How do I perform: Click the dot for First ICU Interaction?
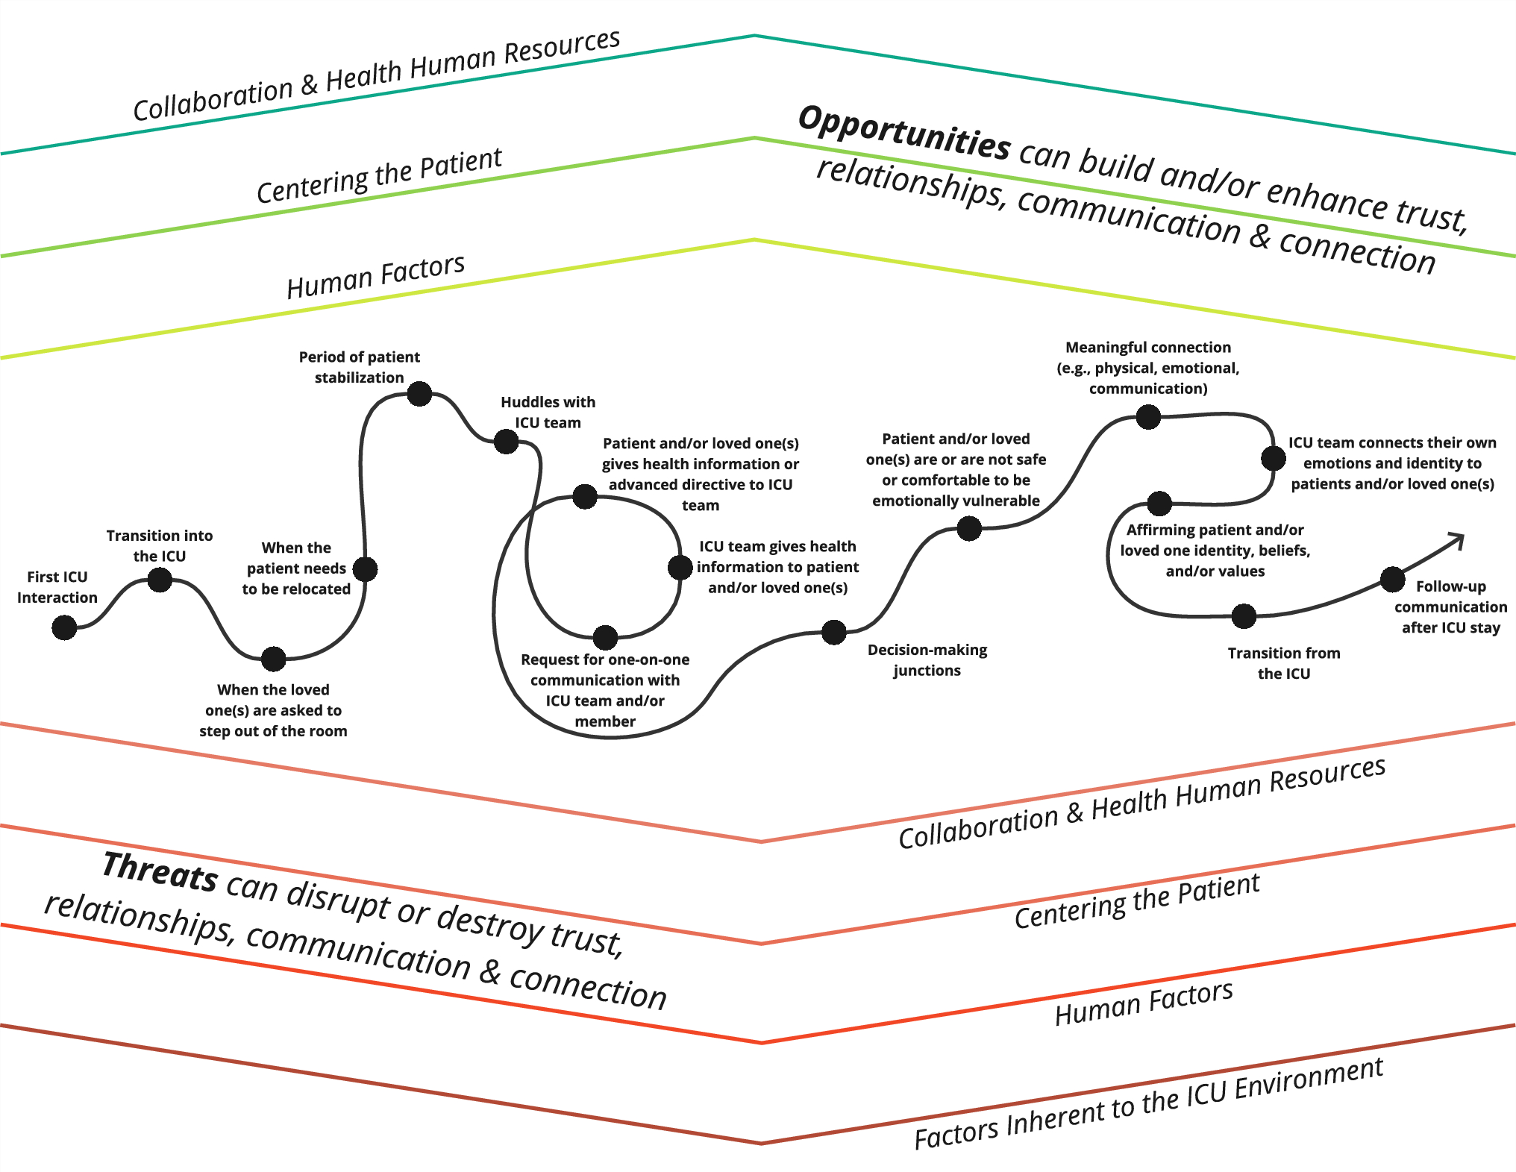click(64, 627)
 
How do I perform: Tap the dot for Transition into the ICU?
click(160, 580)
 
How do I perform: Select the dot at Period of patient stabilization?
click(419, 393)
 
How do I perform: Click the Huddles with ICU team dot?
click(507, 441)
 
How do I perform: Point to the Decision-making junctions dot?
click(833, 632)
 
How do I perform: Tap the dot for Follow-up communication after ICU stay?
click(1392, 579)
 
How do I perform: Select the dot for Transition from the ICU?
click(1244, 616)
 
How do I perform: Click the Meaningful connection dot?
click(1148, 416)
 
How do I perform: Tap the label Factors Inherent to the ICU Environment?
click(1149, 1104)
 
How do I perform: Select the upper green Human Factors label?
click(375, 276)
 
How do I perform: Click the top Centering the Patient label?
click(379, 176)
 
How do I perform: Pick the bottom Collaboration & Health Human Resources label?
click(1141, 803)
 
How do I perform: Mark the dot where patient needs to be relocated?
click(365, 569)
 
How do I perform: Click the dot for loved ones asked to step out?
click(274, 659)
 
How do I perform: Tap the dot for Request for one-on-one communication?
click(605, 637)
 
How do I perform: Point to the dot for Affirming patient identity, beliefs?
click(1159, 504)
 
